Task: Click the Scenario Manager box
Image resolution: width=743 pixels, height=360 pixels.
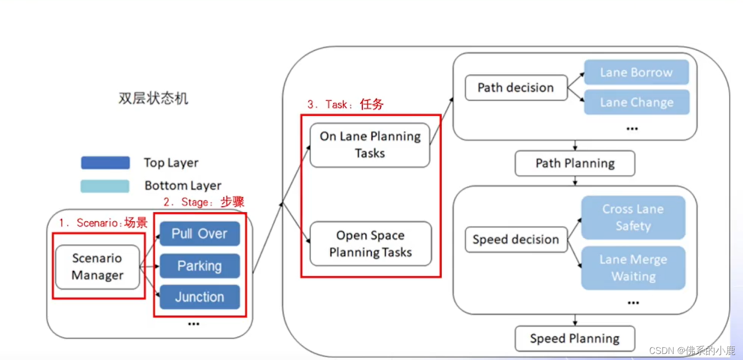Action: click(97, 267)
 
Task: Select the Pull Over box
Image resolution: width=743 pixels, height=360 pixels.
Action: click(199, 234)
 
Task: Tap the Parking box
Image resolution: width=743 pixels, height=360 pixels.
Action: click(199, 266)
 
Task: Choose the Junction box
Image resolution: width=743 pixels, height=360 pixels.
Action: click(199, 297)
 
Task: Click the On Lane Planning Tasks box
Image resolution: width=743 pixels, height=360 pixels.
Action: click(370, 145)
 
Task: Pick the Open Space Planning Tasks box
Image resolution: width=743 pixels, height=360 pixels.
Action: click(370, 244)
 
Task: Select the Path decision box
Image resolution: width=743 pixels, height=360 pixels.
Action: click(516, 88)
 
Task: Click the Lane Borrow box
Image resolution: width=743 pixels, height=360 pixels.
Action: click(636, 73)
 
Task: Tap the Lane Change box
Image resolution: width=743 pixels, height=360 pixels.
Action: click(636, 102)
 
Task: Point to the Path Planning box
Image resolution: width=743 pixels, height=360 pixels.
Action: click(575, 164)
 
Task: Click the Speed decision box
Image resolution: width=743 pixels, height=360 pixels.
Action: click(516, 239)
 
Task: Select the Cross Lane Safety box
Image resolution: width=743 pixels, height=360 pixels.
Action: click(633, 217)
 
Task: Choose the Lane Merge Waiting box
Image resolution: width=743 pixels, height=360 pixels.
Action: click(633, 268)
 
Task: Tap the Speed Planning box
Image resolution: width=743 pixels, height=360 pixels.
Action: click(575, 339)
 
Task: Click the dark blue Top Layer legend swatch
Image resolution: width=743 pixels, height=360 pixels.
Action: click(105, 163)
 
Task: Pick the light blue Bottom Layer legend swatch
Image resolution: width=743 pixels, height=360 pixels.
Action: click(105, 186)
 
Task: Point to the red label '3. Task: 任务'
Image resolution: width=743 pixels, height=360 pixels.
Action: click(345, 104)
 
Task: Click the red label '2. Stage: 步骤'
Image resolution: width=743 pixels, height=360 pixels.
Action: click(204, 202)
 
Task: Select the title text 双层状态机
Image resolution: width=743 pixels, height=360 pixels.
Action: click(153, 98)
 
